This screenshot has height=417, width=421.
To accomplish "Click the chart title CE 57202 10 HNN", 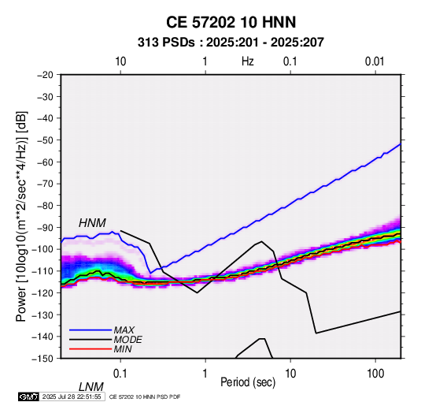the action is [x=231, y=22].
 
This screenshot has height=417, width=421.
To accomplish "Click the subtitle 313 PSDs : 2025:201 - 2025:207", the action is [x=231, y=43].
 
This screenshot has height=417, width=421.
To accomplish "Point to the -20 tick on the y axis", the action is [x=45, y=75].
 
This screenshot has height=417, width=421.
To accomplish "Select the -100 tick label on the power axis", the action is [x=42, y=249].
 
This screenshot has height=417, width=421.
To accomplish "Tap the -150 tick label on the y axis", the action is [x=42, y=359].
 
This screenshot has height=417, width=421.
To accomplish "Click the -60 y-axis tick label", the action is [x=45, y=162].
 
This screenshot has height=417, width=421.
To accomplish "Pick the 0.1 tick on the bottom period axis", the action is [x=120, y=374].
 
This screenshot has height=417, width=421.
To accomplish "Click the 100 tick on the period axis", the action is [x=375, y=374].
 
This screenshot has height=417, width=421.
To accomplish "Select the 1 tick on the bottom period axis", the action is [x=205, y=374].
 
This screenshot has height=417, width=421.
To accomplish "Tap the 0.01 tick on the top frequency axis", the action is [x=375, y=61].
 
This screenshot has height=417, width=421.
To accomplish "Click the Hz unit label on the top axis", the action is [x=248, y=61].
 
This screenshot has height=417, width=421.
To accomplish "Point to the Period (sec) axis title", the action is [x=248, y=382].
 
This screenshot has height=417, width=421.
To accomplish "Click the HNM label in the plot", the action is [x=92, y=223].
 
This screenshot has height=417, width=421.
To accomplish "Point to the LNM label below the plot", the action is [x=90, y=387].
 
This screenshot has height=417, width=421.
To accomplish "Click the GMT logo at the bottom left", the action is [x=29, y=397].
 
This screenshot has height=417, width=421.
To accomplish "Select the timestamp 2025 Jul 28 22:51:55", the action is [x=72, y=397].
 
